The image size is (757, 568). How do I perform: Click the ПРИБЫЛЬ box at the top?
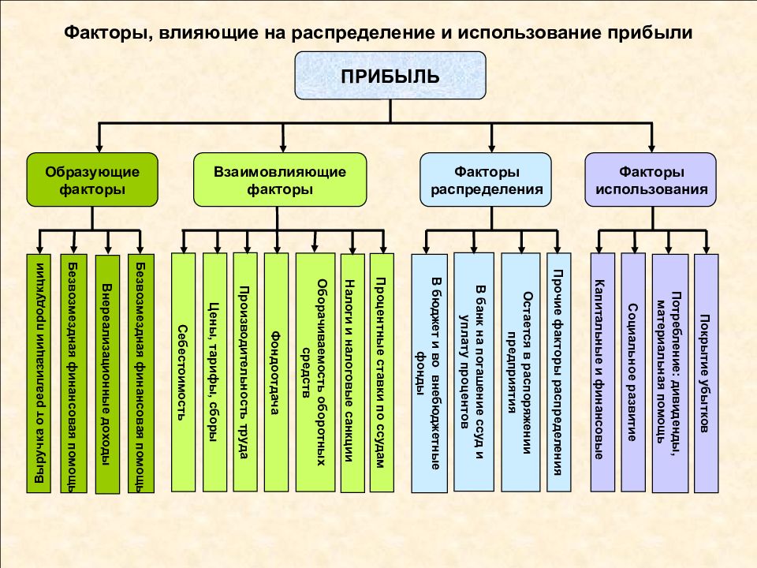[x=390, y=76]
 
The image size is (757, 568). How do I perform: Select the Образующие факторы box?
[x=92, y=180]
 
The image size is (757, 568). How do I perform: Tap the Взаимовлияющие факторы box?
[x=280, y=180]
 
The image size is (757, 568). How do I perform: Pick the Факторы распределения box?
[x=486, y=180]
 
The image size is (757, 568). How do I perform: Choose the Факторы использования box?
[x=651, y=180]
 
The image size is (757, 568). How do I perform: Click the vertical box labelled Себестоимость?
[x=184, y=372]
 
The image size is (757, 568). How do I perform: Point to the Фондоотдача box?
[x=276, y=372]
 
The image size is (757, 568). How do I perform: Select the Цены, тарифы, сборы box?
[x=214, y=372]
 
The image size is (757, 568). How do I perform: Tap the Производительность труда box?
[x=245, y=372]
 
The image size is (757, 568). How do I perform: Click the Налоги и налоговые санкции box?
[x=352, y=373]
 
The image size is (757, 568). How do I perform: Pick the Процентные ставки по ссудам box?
[x=382, y=372]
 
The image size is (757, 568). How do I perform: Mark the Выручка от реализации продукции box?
[x=39, y=373]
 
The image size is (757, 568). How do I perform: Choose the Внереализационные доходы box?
[x=107, y=374]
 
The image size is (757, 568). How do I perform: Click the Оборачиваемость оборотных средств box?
[x=315, y=372]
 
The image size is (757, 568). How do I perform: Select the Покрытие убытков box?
[x=707, y=373]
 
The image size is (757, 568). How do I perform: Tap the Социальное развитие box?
[x=633, y=372]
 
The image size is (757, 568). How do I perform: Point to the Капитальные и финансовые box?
[x=603, y=372]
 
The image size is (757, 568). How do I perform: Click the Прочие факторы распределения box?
[x=559, y=372]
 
